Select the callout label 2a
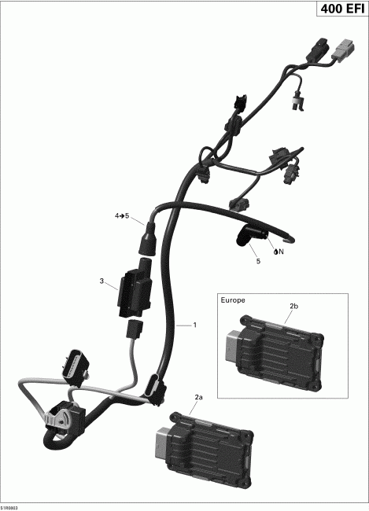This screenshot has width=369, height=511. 198,398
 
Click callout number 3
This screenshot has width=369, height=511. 101,281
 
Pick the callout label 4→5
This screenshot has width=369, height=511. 121,215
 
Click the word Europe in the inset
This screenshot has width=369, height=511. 234,300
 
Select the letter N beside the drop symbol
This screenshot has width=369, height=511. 279,253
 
